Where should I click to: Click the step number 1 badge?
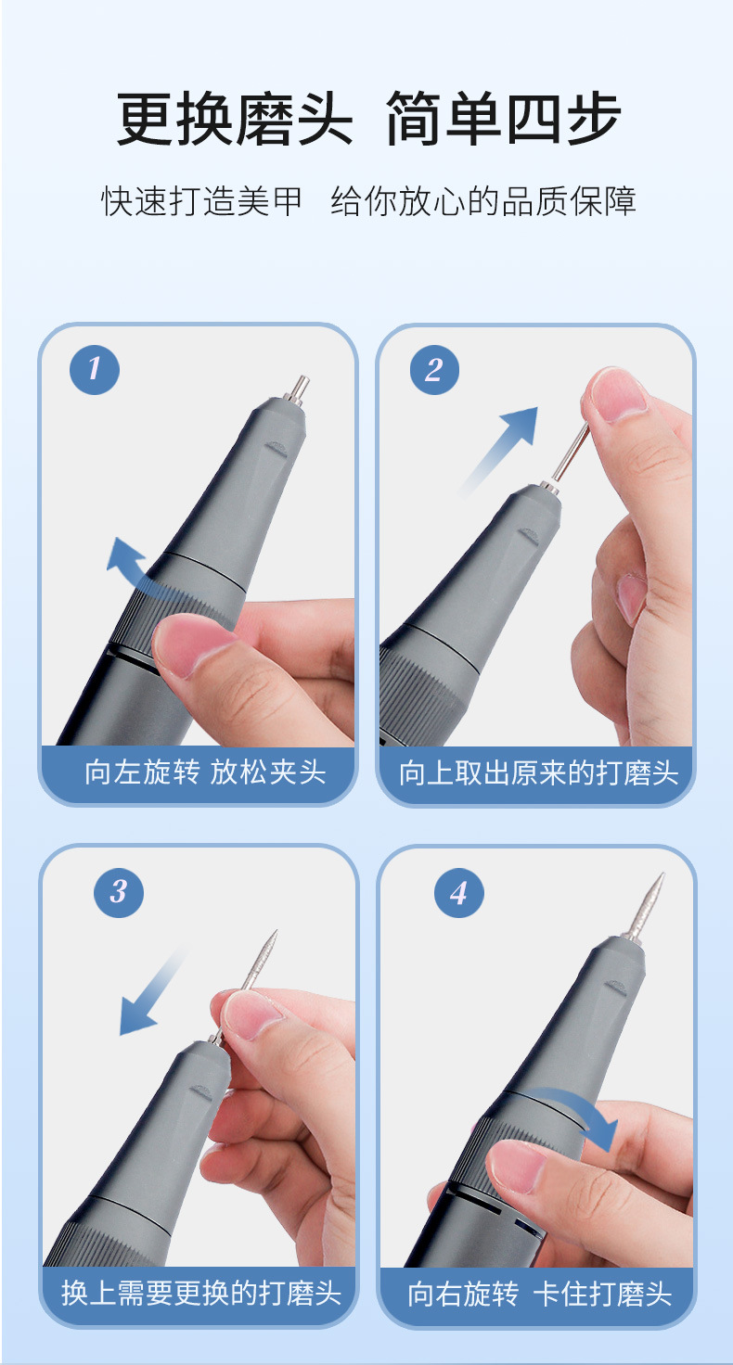[95, 369]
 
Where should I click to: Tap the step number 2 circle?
[433, 369]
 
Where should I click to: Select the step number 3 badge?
[119, 893]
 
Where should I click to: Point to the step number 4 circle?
[458, 893]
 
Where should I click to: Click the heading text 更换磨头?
[235, 119]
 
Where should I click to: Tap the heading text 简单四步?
[503, 119]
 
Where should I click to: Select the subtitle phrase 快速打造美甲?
[201, 201]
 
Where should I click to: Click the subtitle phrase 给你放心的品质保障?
[483, 201]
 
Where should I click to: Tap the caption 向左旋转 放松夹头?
[205, 772]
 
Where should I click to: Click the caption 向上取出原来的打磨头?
[538, 772]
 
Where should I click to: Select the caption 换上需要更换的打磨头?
[200, 1293]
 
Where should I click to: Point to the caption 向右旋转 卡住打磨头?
[540, 1293]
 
